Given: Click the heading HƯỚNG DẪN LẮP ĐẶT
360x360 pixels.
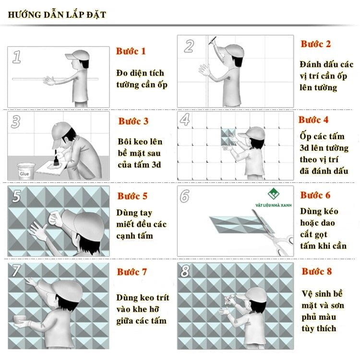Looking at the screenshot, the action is tap(57, 15).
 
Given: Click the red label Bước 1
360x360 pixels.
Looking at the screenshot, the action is tap(131, 51).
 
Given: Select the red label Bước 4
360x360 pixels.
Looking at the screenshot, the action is tap(313, 120).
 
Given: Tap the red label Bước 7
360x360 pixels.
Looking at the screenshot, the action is tap(132, 272).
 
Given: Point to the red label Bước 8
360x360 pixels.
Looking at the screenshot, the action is tap(317, 271).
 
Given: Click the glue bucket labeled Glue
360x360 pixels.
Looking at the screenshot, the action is tap(25, 170).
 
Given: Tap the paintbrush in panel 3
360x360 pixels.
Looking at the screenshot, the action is tap(56, 158).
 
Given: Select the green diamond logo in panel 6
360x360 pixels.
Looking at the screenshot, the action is tap(274, 194).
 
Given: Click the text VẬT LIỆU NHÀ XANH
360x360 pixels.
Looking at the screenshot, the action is tap(274, 205).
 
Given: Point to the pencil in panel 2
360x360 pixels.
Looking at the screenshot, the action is tap(212, 40).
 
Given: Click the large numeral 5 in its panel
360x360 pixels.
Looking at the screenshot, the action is tap(16, 196).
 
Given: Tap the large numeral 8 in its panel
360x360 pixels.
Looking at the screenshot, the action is tap(185, 271).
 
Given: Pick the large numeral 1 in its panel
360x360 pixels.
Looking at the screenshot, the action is tap(17, 57).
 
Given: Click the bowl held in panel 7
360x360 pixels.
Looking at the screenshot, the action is tap(20, 319).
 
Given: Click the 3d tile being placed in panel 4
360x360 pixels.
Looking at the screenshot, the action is tap(228, 137).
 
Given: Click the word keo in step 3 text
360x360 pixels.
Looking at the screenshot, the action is tap(141, 142).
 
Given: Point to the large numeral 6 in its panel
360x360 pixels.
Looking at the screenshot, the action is tap(185, 196).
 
